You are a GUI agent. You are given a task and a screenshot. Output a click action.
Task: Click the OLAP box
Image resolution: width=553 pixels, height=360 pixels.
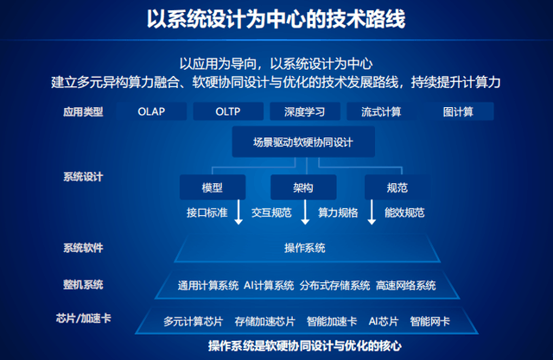pos(150,111)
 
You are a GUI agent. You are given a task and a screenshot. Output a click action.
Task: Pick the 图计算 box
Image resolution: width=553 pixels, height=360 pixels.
pos(456,111)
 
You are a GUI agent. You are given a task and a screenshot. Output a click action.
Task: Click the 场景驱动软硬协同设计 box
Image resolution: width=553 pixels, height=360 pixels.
pos(302,142)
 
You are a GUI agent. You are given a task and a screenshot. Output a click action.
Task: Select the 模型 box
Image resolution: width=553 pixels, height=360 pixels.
pos(212,187)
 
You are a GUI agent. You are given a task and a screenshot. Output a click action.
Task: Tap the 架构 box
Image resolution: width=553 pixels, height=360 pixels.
pos(303,187)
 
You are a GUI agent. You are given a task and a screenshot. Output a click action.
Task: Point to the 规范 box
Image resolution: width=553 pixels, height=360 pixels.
pos(397,187)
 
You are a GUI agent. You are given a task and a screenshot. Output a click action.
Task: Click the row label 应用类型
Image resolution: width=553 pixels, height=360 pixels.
pos(83,111)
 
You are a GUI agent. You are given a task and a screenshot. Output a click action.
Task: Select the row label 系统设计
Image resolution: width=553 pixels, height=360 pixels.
pos(83,177)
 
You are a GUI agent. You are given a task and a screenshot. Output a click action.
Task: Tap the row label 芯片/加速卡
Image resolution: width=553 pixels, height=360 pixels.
pos(86,318)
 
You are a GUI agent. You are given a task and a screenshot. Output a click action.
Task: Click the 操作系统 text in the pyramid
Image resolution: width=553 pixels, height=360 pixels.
pos(304,248)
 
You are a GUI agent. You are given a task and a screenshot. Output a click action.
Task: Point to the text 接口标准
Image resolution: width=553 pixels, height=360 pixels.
pos(207,212)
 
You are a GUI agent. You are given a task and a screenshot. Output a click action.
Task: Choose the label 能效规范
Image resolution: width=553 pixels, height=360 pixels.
pos(404,212)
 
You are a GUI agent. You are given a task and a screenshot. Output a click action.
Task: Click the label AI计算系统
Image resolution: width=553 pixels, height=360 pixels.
pos(269,285)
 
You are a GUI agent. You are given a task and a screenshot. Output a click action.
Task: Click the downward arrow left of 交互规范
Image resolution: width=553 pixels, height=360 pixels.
pos(239,213)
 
